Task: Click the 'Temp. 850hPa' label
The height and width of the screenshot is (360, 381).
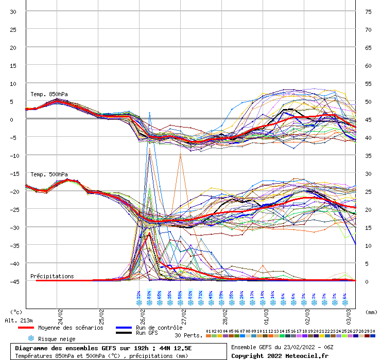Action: pyautogui.click(x=49, y=94)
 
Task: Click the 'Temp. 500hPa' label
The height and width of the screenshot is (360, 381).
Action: pyautogui.click(x=49, y=174)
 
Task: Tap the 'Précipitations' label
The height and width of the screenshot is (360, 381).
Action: pyautogui.click(x=52, y=276)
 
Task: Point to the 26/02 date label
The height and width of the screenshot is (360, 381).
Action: pyautogui.click(x=142, y=312)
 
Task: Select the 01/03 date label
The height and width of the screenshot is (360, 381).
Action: pyautogui.click(x=266, y=312)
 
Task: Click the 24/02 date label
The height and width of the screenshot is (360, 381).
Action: pyautogui.click(x=60, y=312)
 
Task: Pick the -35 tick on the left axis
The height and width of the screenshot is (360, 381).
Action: pyautogui.click(x=13, y=245)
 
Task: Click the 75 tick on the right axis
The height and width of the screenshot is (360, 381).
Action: pyautogui.click(x=368, y=12)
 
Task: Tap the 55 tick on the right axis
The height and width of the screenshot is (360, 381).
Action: pyautogui.click(x=368, y=83)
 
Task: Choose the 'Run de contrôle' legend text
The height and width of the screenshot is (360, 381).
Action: pyautogui.click(x=159, y=328)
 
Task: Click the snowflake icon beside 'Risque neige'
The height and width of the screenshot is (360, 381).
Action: pyautogui.click(x=31, y=338)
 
